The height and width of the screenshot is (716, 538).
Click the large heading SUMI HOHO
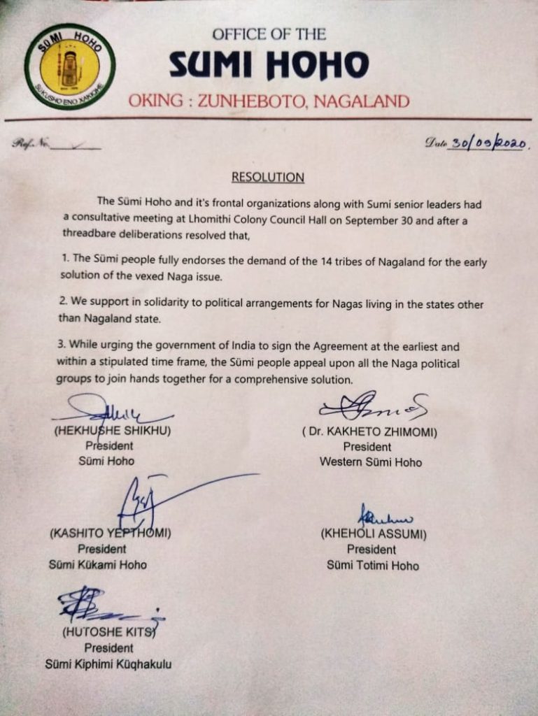click(x=269, y=66)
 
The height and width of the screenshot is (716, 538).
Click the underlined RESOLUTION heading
click(x=268, y=177)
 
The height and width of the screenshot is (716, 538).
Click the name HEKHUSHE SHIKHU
click(x=113, y=431)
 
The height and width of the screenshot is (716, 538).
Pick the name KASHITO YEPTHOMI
click(x=111, y=534)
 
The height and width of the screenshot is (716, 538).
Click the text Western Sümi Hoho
click(x=370, y=462)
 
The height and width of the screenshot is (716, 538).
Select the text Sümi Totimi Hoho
click(x=373, y=564)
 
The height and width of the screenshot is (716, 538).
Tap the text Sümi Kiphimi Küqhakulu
click(x=108, y=664)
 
